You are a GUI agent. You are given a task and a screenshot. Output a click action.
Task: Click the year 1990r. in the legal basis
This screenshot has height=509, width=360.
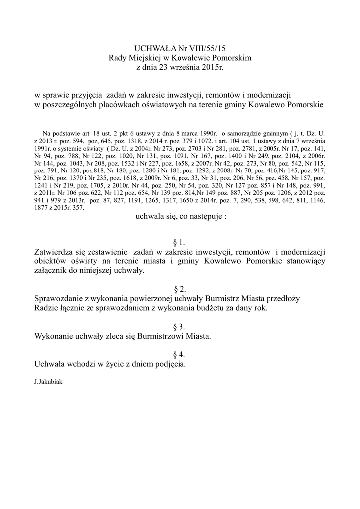pyautogui.click(x=208, y=134)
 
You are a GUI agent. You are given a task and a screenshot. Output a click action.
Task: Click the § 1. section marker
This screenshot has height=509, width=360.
pyautogui.click(x=179, y=243)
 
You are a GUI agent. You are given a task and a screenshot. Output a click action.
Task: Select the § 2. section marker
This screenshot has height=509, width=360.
pyautogui.click(x=179, y=289)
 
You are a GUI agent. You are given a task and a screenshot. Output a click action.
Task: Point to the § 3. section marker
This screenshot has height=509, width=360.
pyautogui.click(x=179, y=327)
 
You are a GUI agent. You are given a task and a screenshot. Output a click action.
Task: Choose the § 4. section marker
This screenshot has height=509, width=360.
pyautogui.click(x=179, y=354)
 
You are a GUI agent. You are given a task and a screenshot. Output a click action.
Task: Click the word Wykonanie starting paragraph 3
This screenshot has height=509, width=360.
pyautogui.click(x=55, y=336)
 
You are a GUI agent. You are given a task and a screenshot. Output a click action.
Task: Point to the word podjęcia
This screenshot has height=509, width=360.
pyautogui.click(x=170, y=364)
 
